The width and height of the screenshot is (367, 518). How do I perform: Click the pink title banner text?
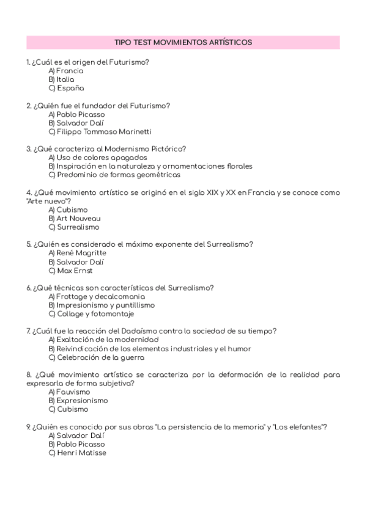coord(183,42)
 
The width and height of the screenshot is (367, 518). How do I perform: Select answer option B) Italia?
coord(61,79)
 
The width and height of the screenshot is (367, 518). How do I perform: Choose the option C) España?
coord(66,88)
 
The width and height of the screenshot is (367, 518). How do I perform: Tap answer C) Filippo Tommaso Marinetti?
coord(100,131)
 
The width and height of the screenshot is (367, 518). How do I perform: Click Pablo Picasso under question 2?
coord(76,114)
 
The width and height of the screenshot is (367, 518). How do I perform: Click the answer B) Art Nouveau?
coord(75,218)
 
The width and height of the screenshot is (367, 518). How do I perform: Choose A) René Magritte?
coord(77,253)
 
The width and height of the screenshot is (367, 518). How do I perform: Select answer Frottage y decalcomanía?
coord(97,296)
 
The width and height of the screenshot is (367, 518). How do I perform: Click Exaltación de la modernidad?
coord(103,340)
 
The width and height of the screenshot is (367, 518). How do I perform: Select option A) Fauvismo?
coord(69,392)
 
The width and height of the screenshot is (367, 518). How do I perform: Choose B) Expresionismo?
coord(78,401)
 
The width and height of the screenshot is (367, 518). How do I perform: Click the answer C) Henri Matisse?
coord(77,453)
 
